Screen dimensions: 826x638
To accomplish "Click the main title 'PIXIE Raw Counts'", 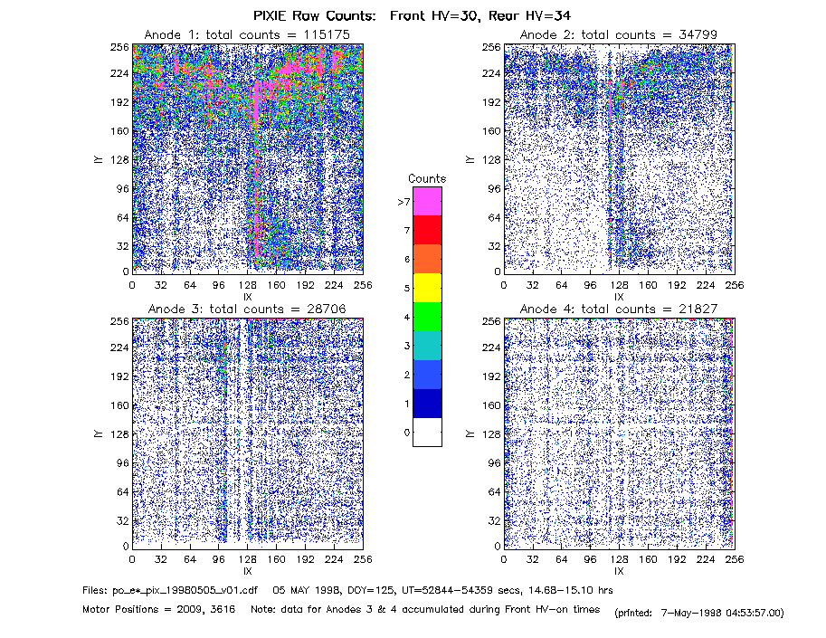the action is pos(315,15).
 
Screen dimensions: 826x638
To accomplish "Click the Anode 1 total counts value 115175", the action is pos(327,34).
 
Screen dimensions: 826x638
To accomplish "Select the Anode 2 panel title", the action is pos(619,34).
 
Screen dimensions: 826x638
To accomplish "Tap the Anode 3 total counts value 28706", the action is pos(326,309).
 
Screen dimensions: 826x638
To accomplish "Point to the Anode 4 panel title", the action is pos(619,309).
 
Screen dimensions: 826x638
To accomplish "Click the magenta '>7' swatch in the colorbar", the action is pos(427,201).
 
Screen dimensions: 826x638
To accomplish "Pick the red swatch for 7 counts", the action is pos(427,230).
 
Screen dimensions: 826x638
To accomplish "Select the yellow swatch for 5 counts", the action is pos(427,288).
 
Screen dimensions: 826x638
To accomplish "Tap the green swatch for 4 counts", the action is pos(427,317).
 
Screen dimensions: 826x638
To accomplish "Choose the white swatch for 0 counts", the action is pos(427,432).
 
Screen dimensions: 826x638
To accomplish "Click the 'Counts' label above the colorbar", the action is pos(427,178).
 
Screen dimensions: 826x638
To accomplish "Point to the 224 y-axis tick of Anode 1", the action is pos(119,73).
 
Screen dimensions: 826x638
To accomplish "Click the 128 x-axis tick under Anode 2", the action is pos(619,285).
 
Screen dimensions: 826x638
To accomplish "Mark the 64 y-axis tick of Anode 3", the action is pos(123,492).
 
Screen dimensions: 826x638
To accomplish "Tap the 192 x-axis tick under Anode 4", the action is pos(677,559).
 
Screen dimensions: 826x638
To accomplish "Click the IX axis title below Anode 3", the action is pos(248,571).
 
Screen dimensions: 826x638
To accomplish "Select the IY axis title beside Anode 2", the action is pos(470,159).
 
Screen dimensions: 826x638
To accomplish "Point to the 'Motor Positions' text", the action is pos(120,610).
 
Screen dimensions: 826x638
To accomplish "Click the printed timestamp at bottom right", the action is pos(699,613).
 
